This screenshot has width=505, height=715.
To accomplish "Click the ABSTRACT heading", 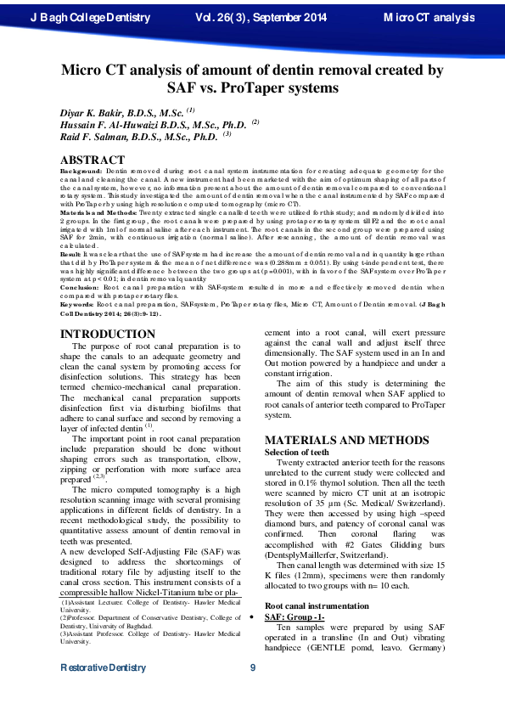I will (x=93, y=159).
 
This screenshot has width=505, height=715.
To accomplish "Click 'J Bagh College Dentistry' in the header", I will (x=89, y=17).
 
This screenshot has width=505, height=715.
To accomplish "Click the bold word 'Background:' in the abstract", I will (x=81, y=171).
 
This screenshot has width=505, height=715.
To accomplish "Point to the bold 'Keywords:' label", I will (x=78, y=279).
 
